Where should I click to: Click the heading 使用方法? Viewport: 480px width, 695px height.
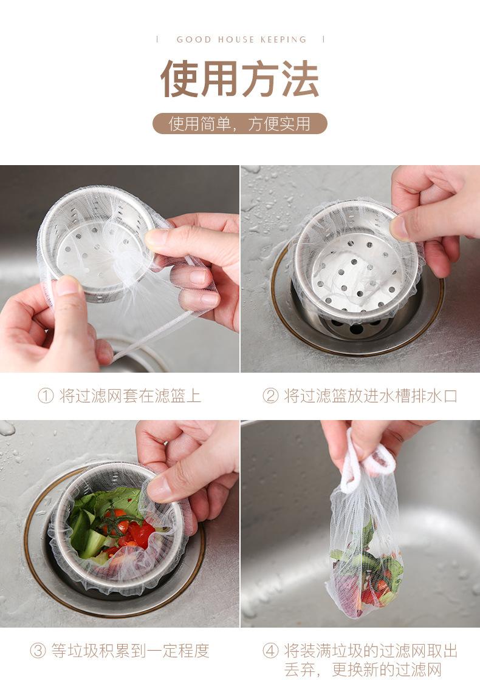pyautogui.click(x=239, y=79)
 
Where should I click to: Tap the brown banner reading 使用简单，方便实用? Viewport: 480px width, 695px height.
pyautogui.click(x=239, y=124)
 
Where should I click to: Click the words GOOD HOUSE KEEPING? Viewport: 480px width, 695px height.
pyautogui.click(x=241, y=39)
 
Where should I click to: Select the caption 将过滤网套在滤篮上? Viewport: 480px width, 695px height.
pyautogui.click(x=130, y=396)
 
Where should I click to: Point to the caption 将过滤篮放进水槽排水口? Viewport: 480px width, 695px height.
pyautogui.click(x=371, y=396)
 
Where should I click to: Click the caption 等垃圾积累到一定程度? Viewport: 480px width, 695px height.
pyautogui.click(x=130, y=651)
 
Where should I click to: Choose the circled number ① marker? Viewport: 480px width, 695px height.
pyautogui.click(x=46, y=396)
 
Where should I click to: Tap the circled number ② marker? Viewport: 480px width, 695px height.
pyautogui.click(x=270, y=396)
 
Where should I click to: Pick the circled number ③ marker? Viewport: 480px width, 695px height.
pyautogui.click(x=38, y=651)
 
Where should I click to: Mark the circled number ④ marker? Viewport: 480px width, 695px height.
pyautogui.click(x=270, y=651)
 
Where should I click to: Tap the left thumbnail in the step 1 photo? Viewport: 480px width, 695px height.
pyautogui.click(x=67, y=286)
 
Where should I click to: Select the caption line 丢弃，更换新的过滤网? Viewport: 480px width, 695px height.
pyautogui.click(x=363, y=669)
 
